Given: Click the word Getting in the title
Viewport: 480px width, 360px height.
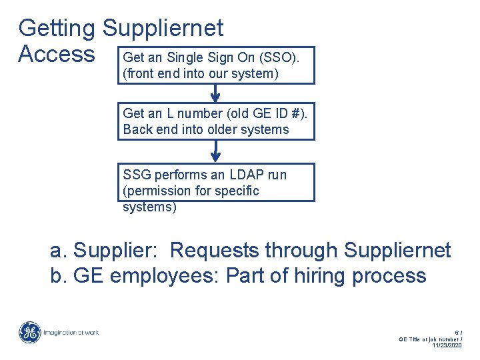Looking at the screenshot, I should pos(57,28).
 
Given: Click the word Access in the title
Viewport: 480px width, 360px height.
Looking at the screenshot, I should pos(57,53).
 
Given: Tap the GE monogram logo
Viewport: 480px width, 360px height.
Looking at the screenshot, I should pos(29,332).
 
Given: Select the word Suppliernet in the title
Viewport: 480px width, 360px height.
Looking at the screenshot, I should pos(163,28).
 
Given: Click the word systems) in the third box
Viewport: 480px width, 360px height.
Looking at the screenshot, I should pos(149,207).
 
